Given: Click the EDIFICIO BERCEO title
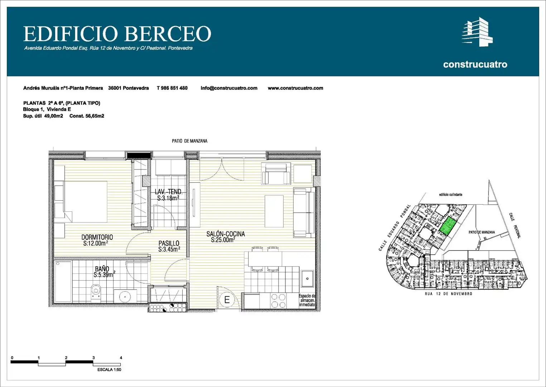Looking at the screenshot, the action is [117, 34].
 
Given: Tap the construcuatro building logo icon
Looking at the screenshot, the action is [477, 32].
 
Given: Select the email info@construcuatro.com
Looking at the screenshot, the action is [229, 88].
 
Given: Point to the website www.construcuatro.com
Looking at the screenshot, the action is [295, 88].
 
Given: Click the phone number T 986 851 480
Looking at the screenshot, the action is [172, 88].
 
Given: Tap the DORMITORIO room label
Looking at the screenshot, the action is [97, 237].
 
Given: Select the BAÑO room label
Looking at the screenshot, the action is [102, 269].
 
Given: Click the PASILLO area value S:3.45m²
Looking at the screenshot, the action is [169, 249].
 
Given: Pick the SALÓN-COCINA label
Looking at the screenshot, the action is [226, 234].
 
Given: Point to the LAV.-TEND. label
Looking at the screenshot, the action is [169, 192].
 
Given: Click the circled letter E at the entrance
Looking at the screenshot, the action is [227, 300].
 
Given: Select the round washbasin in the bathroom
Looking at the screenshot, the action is [125, 296].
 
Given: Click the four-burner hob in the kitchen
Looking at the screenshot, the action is [278, 301].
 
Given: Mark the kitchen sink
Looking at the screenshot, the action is [307, 278].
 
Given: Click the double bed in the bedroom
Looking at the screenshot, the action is [85, 201].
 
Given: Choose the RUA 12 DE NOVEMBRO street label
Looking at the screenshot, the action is [449, 294].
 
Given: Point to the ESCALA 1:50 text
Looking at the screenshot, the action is [109, 370].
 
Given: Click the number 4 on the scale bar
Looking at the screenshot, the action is [121, 358].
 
